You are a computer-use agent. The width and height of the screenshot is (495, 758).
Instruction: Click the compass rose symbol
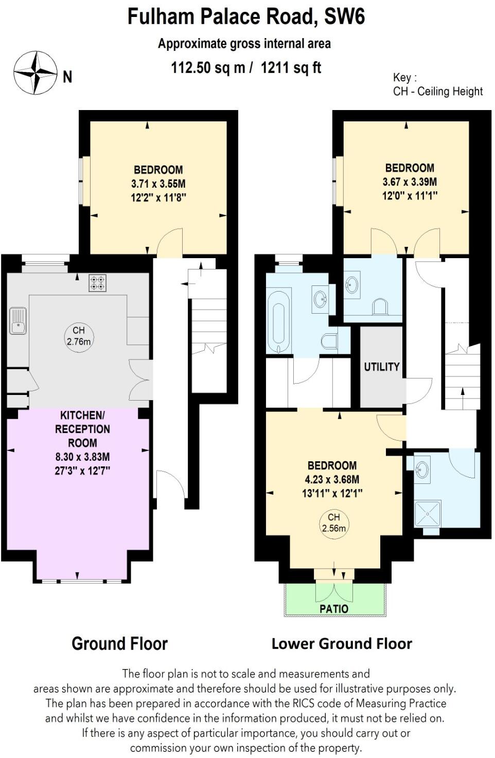35,73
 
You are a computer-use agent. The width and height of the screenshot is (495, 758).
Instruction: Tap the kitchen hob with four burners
98,283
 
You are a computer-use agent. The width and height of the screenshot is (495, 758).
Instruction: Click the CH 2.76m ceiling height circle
79,336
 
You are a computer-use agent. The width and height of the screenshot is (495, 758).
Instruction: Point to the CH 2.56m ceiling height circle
334,522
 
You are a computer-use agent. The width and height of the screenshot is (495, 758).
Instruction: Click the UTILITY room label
382,367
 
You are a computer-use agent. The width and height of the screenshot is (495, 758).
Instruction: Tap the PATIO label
334,609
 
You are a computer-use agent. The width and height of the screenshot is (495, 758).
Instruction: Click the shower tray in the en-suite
428,514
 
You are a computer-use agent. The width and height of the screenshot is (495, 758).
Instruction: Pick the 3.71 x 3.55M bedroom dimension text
158,184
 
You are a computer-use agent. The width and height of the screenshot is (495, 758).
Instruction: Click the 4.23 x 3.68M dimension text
332,479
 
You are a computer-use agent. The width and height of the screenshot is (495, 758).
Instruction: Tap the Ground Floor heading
119,643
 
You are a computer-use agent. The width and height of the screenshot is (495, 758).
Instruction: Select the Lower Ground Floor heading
342,643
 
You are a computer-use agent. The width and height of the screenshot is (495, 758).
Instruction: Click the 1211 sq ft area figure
291,67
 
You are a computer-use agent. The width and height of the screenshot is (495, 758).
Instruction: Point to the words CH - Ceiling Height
438,92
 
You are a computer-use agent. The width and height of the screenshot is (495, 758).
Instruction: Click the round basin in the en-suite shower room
422,470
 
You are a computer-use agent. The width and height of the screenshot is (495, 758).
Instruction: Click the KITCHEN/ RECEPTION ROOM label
82,429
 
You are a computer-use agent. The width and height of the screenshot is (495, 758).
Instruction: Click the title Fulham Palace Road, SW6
246,16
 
